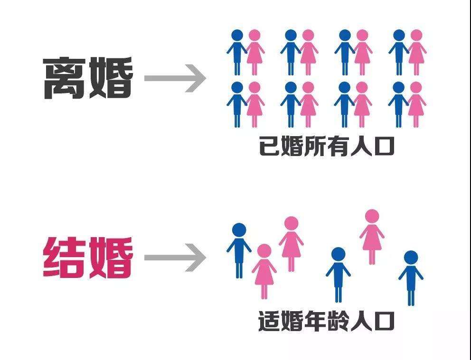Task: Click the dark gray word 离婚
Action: click(88, 78)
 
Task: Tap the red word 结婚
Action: click(88, 258)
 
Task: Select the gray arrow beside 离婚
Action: click(175, 78)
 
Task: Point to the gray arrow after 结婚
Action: click(175, 258)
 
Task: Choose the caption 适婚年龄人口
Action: click(327, 321)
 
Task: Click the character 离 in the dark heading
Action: click(65, 78)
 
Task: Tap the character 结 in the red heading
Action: click(65, 258)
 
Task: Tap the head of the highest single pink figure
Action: click(372, 216)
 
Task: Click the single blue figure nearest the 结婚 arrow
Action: click(239, 250)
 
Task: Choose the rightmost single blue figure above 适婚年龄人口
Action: click(411, 278)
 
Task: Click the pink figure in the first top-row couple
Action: click(254, 52)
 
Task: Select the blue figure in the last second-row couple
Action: click(398, 104)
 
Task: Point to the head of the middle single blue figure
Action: click(338, 254)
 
